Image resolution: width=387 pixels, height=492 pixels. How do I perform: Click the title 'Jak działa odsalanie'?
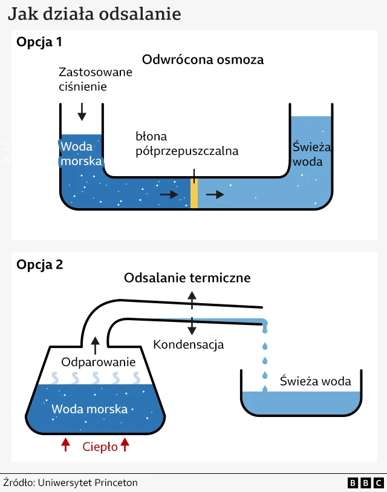coord(94,14)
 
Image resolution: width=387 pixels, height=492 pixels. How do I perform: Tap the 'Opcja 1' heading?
coord(39,42)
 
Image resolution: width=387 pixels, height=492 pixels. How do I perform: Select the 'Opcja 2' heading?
coord(40,264)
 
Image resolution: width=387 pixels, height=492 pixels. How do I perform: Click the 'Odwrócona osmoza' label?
coord(203,60)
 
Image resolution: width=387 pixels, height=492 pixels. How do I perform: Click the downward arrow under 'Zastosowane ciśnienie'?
coord(82,111)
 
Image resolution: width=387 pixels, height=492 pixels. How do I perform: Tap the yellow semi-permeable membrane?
coord(194,194)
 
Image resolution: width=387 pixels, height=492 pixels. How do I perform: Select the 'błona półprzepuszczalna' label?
coord(187,144)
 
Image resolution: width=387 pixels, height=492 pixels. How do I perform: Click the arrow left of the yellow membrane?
coord(169,195)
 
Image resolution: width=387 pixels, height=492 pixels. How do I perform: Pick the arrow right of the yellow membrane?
coord(215,194)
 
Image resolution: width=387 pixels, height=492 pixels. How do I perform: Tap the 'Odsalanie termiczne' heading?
coord(187,278)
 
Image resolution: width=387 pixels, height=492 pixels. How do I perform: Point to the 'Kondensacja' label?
coord(189,345)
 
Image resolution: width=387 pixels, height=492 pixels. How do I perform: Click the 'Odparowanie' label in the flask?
coord(99,362)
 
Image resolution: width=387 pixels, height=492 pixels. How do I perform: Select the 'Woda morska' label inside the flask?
coord(89,409)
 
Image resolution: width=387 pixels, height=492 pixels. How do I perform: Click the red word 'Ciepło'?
coord(99,447)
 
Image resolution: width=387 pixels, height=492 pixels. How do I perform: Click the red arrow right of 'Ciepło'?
coord(125,445)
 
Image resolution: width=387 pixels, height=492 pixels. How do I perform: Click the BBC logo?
coord(365,483)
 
